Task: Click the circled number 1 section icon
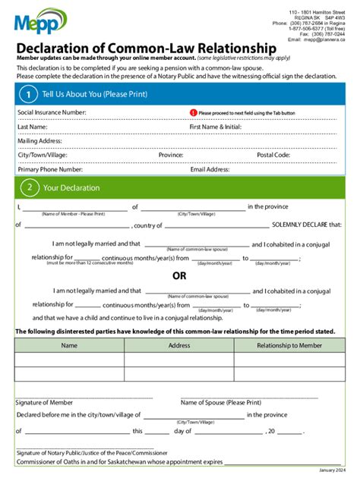[28, 94]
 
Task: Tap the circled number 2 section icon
[28, 187]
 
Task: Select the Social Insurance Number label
[52, 112]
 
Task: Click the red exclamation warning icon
[193, 112]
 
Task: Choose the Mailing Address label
[41, 141]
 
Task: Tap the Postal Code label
[273, 155]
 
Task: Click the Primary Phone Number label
[50, 170]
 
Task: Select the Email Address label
[210, 170]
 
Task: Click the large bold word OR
[179, 275]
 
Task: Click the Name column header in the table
[69, 345]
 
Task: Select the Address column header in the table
[179, 345]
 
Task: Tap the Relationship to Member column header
[289, 345]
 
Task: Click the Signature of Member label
[45, 402]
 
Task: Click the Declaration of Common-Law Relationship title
[147, 48]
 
